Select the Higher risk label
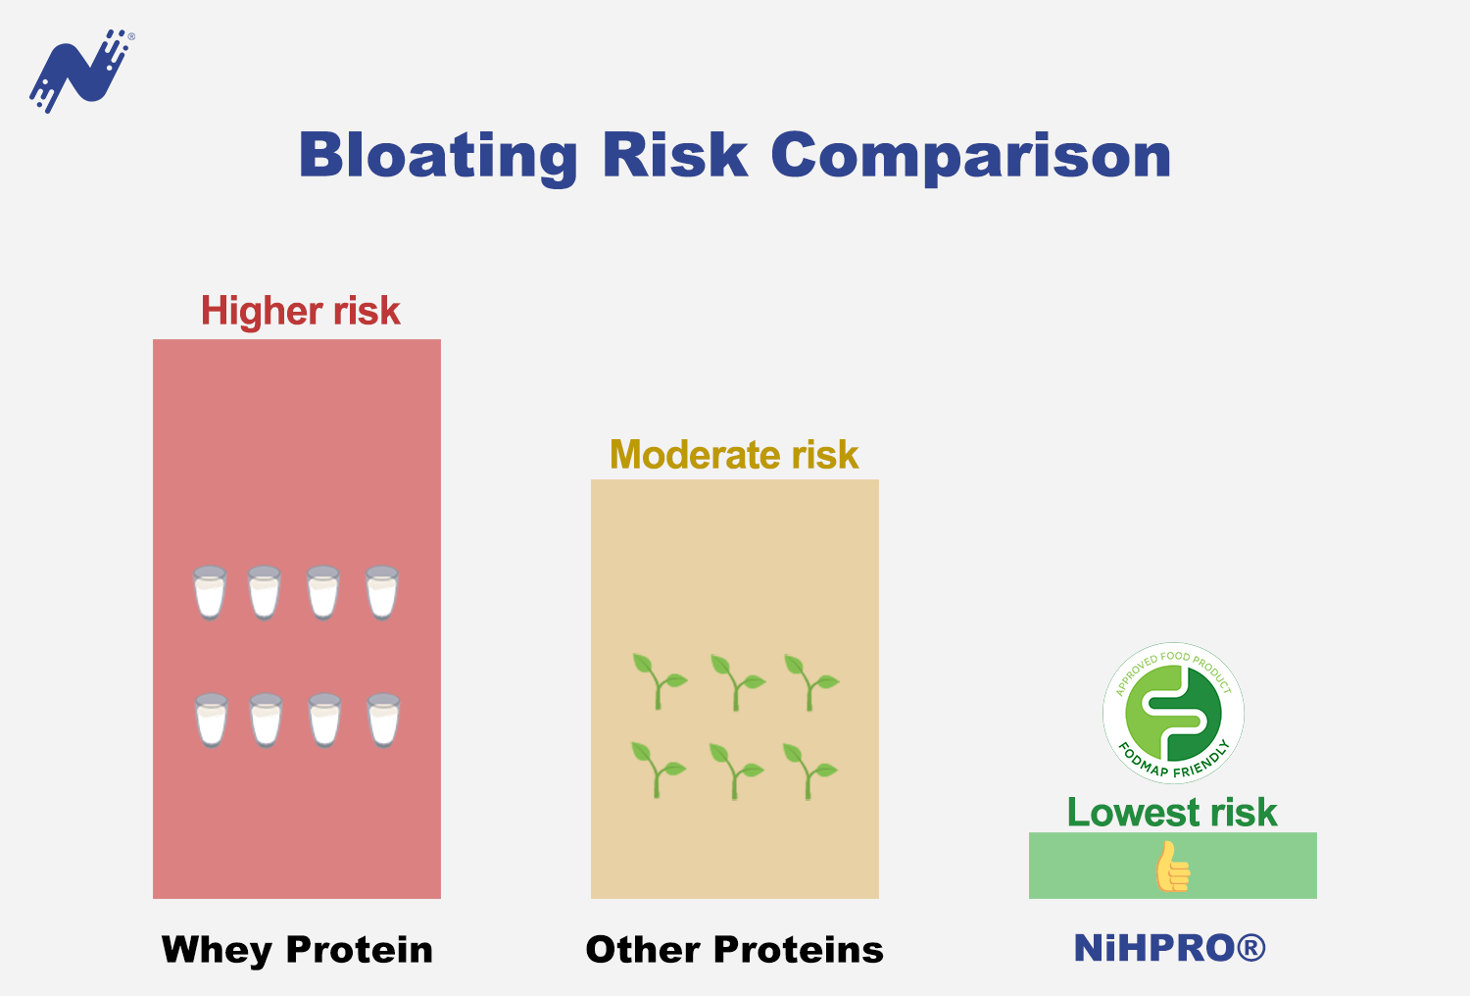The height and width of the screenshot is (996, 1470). point(301,311)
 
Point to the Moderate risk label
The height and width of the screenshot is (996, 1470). point(734,454)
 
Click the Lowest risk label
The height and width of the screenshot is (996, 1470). point(1172,812)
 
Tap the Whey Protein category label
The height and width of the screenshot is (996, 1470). point(297,950)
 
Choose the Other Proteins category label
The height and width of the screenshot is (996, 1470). point(734,949)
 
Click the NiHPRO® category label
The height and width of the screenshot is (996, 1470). point(1169,948)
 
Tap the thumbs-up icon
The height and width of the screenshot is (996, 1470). point(1173,867)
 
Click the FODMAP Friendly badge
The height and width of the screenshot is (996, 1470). point(1173,713)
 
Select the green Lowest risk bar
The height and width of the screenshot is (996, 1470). point(1173,866)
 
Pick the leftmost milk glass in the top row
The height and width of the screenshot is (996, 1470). point(210,592)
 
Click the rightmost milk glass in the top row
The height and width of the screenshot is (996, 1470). point(382,592)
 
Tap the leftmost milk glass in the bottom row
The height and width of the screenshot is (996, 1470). point(212,721)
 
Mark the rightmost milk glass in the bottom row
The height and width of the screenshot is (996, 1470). point(383,721)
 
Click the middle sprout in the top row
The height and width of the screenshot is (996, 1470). point(738,682)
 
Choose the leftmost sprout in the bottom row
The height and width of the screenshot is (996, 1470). point(659,771)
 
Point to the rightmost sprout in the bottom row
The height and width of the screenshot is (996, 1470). point(810,772)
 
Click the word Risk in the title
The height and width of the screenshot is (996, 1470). point(675,155)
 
